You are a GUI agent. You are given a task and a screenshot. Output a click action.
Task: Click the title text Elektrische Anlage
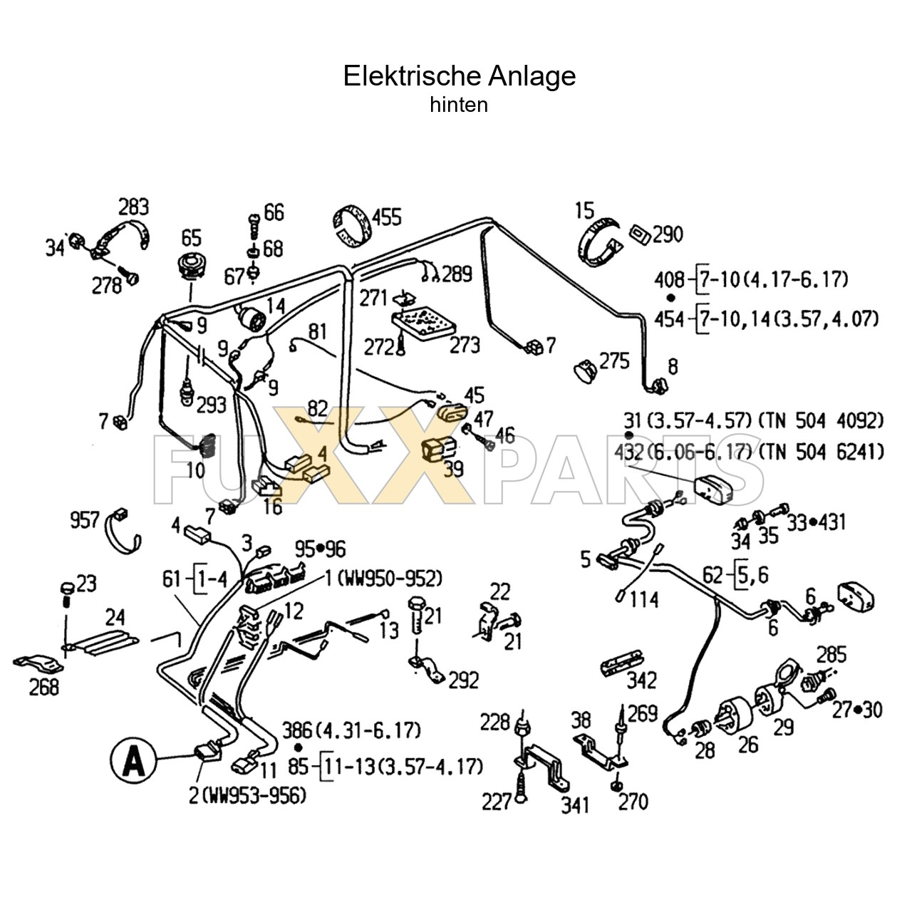[460, 76]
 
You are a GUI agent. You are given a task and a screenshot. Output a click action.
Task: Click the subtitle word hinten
[459, 105]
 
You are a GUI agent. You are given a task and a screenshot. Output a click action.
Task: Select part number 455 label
[387, 217]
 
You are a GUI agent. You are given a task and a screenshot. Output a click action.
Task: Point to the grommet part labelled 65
[190, 266]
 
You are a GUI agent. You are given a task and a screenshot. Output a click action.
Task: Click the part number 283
[133, 207]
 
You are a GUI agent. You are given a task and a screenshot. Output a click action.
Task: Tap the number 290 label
[668, 234]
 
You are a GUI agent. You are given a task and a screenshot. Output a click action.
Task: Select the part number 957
[84, 519]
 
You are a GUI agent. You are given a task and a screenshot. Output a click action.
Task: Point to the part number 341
[575, 804]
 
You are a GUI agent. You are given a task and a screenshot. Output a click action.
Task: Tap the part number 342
[641, 680]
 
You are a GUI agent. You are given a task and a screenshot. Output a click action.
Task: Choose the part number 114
[643, 599]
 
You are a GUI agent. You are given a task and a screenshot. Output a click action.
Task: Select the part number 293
[211, 404]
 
